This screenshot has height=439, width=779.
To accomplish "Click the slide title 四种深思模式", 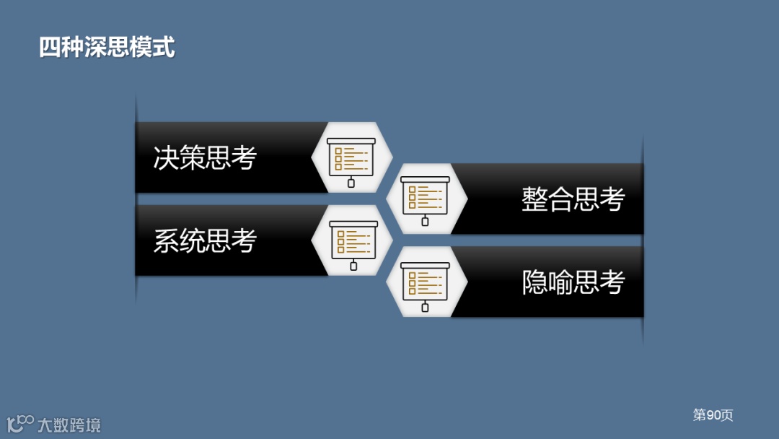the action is click(107, 48).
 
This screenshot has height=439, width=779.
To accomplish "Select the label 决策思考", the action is click(205, 157).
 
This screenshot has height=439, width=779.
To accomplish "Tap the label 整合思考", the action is click(573, 199).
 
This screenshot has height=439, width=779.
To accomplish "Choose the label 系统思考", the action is click(205, 241).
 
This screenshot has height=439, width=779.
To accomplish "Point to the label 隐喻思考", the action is click(573, 282).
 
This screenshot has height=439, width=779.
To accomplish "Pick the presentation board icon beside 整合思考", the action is click(425, 199).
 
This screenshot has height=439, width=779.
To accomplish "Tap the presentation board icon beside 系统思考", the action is click(353, 242).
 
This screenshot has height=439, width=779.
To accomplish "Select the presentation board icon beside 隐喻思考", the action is click(425, 282).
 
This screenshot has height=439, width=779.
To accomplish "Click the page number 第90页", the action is click(713, 415).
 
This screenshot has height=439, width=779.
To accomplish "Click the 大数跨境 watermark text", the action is click(69, 425).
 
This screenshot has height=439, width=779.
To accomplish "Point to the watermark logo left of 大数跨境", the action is click(20, 423).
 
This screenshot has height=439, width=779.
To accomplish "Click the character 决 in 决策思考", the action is click(166, 157).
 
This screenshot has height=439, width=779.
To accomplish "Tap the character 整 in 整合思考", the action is click(534, 199).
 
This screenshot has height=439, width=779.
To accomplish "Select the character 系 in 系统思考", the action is click(166, 241).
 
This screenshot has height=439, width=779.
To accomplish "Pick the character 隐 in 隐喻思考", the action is click(534, 282).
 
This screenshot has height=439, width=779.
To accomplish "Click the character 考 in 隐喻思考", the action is click(612, 282).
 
